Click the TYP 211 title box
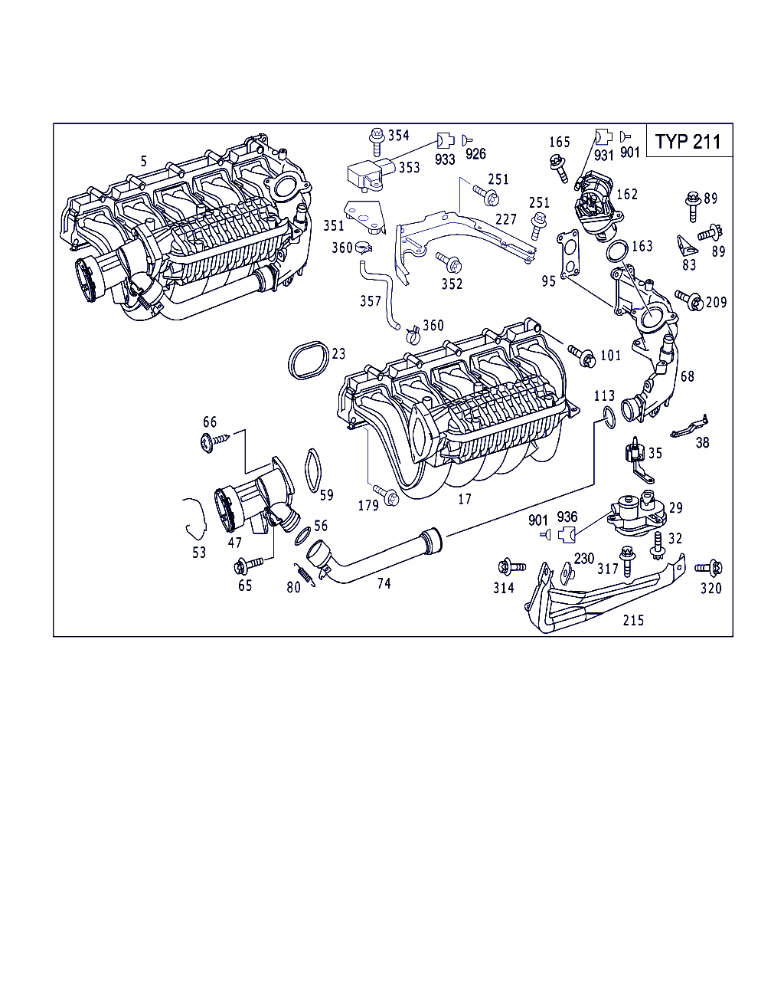[688, 141]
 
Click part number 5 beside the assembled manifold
[143, 161]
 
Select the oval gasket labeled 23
[308, 359]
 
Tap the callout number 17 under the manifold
[464, 499]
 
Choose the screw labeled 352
[449, 264]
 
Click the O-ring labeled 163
[617, 251]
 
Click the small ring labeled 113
[608, 416]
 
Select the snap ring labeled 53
[196, 517]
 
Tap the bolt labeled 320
[710, 568]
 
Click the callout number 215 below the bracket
[633, 620]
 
